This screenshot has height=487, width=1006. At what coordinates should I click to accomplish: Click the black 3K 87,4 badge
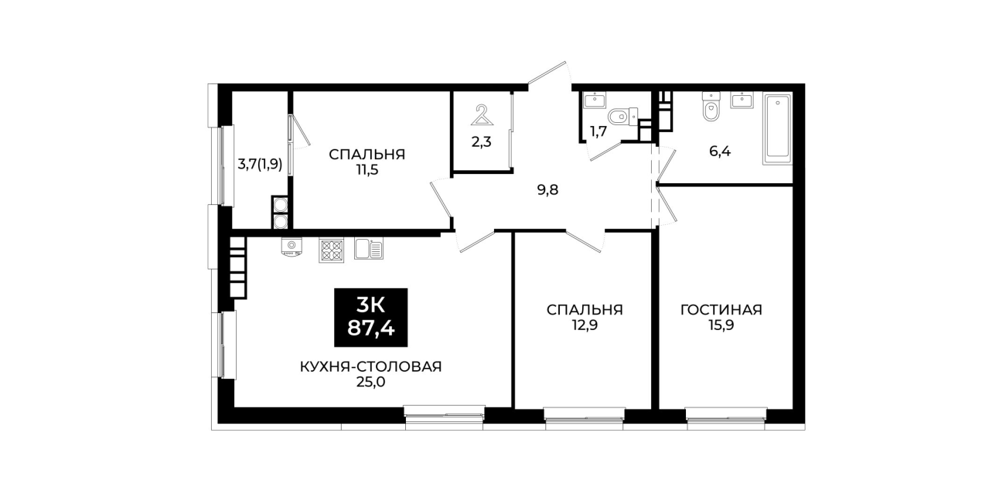pyautogui.click(x=370, y=318)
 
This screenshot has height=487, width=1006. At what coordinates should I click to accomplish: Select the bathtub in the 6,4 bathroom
pyautogui.click(x=777, y=129)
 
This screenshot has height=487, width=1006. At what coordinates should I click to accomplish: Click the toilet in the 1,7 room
pyautogui.click(x=623, y=116)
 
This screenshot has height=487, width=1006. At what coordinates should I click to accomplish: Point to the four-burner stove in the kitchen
pyautogui.click(x=331, y=250)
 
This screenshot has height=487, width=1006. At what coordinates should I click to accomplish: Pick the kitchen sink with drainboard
pyautogui.click(x=369, y=249)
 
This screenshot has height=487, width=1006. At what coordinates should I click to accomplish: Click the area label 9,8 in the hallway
pyautogui.click(x=547, y=190)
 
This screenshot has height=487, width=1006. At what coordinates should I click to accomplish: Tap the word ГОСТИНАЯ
pyautogui.click(x=721, y=310)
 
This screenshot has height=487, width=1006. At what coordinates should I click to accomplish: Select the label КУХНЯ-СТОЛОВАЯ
pyautogui.click(x=370, y=366)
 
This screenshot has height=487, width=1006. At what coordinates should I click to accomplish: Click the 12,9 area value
pyautogui.click(x=585, y=325)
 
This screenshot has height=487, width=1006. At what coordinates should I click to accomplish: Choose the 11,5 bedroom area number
pyautogui.click(x=367, y=170)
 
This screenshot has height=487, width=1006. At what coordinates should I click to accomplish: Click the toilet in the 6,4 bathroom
pyautogui.click(x=711, y=107)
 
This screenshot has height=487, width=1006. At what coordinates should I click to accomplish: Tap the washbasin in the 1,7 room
pyautogui.click(x=595, y=100)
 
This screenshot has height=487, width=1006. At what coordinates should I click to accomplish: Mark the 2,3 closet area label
pyautogui.click(x=481, y=142)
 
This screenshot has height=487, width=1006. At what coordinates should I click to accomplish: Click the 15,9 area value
pyautogui.click(x=721, y=325)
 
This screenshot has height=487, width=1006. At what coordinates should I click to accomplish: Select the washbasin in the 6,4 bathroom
pyautogui.click(x=742, y=100)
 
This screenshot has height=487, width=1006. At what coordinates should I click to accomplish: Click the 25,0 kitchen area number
pyautogui.click(x=370, y=382)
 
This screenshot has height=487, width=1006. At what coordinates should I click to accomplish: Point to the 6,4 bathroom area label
pyautogui.click(x=720, y=152)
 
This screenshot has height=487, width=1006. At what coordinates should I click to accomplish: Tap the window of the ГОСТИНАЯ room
pyautogui.click(x=726, y=414)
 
